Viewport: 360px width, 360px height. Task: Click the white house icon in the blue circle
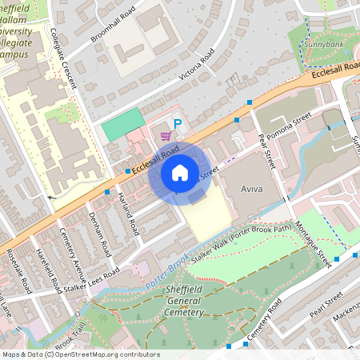pyautogui.click(x=180, y=172)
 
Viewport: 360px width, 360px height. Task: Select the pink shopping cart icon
pyautogui.click(x=165, y=137)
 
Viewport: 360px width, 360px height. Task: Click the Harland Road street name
pyautogui.click(x=129, y=212)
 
